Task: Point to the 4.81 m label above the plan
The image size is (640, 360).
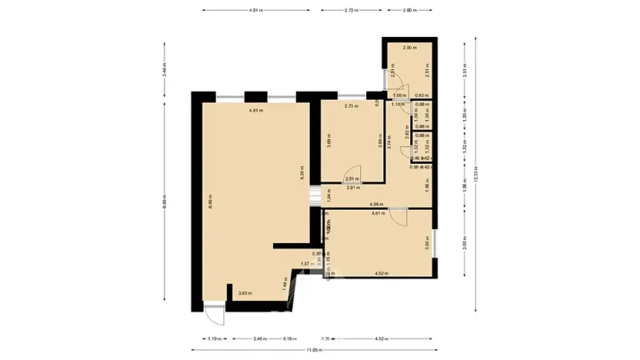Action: tap(255, 11)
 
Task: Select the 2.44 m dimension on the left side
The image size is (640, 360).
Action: tap(165, 72)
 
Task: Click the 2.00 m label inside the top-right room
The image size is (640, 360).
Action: tap(409, 48)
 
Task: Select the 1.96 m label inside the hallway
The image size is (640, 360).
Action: tap(426, 185)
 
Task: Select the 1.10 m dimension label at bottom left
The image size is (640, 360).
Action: tap(215, 338)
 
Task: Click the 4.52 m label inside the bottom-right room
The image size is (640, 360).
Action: tap(380, 273)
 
